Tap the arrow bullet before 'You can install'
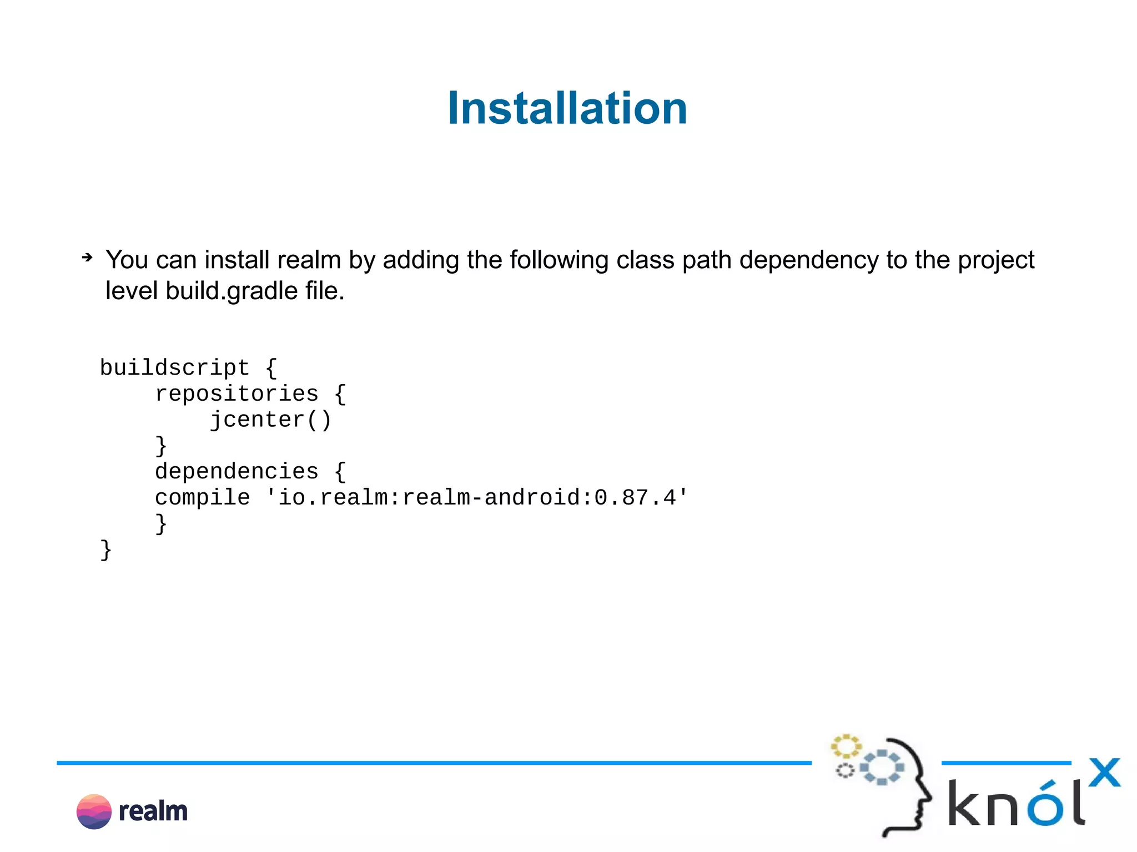coord(87,257)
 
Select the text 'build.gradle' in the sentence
coord(232,291)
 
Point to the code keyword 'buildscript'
coord(174,367)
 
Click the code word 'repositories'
coord(237,394)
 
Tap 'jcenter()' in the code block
coord(270,420)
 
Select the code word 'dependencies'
coord(237,471)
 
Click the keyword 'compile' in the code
coord(202,497)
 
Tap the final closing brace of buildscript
coord(105,549)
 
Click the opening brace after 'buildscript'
coord(271,367)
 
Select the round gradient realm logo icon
coord(94,811)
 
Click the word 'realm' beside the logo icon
coord(153,811)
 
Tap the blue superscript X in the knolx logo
coord(1104,772)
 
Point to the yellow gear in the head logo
coord(846,746)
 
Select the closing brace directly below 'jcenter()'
coord(160,445)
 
